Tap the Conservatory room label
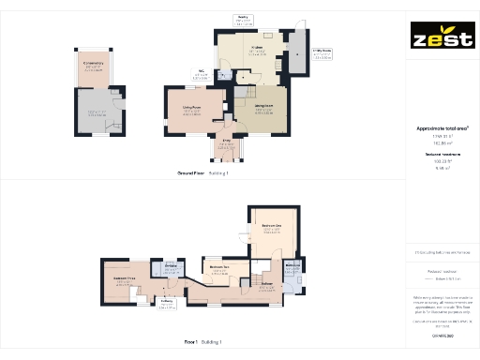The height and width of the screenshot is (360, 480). click(93, 64)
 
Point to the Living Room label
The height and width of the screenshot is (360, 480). click(192, 108)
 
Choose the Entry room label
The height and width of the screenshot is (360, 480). click(225, 142)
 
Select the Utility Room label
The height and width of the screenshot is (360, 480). click(321, 53)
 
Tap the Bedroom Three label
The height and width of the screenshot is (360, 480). click(127, 278)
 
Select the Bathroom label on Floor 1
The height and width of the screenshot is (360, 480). click(267, 283)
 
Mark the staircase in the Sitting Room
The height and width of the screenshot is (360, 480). click(244, 94)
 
